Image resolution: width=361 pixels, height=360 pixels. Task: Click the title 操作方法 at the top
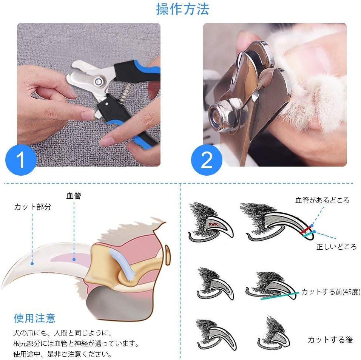point(182,9)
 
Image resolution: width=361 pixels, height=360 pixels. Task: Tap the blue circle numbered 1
point(21,160)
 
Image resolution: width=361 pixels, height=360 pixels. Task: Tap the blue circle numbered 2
point(207,160)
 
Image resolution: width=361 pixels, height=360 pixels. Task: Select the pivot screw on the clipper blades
point(99,80)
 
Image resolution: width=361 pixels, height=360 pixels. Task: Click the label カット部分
point(32,207)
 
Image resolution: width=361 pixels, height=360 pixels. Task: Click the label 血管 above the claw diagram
point(74,196)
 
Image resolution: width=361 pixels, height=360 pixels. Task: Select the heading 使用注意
point(35,318)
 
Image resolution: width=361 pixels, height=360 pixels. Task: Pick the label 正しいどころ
point(336,247)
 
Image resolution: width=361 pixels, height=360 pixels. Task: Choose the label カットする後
point(330,340)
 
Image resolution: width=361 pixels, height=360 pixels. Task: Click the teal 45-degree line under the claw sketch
point(279,296)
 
